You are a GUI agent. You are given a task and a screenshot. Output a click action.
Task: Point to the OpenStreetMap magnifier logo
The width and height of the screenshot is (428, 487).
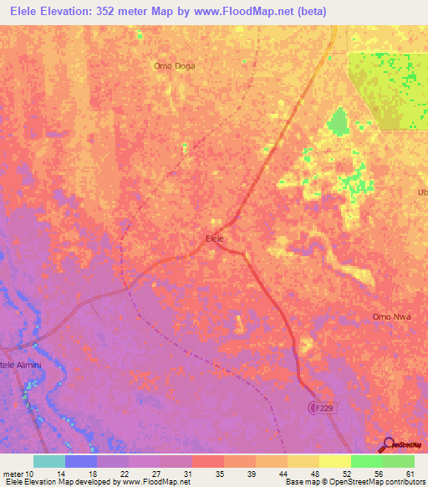(389, 444)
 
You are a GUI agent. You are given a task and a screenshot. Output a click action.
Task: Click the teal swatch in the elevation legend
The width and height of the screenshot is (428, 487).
(49, 461)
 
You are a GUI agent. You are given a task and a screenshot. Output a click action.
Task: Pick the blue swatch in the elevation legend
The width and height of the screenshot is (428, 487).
(81, 461)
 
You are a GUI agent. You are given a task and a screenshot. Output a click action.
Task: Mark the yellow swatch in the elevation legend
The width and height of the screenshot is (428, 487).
(335, 461)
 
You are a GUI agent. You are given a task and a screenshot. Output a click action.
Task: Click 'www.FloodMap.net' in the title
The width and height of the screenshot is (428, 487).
(252, 12)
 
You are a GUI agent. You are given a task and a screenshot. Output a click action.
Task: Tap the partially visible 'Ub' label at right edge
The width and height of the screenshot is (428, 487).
(421, 192)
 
